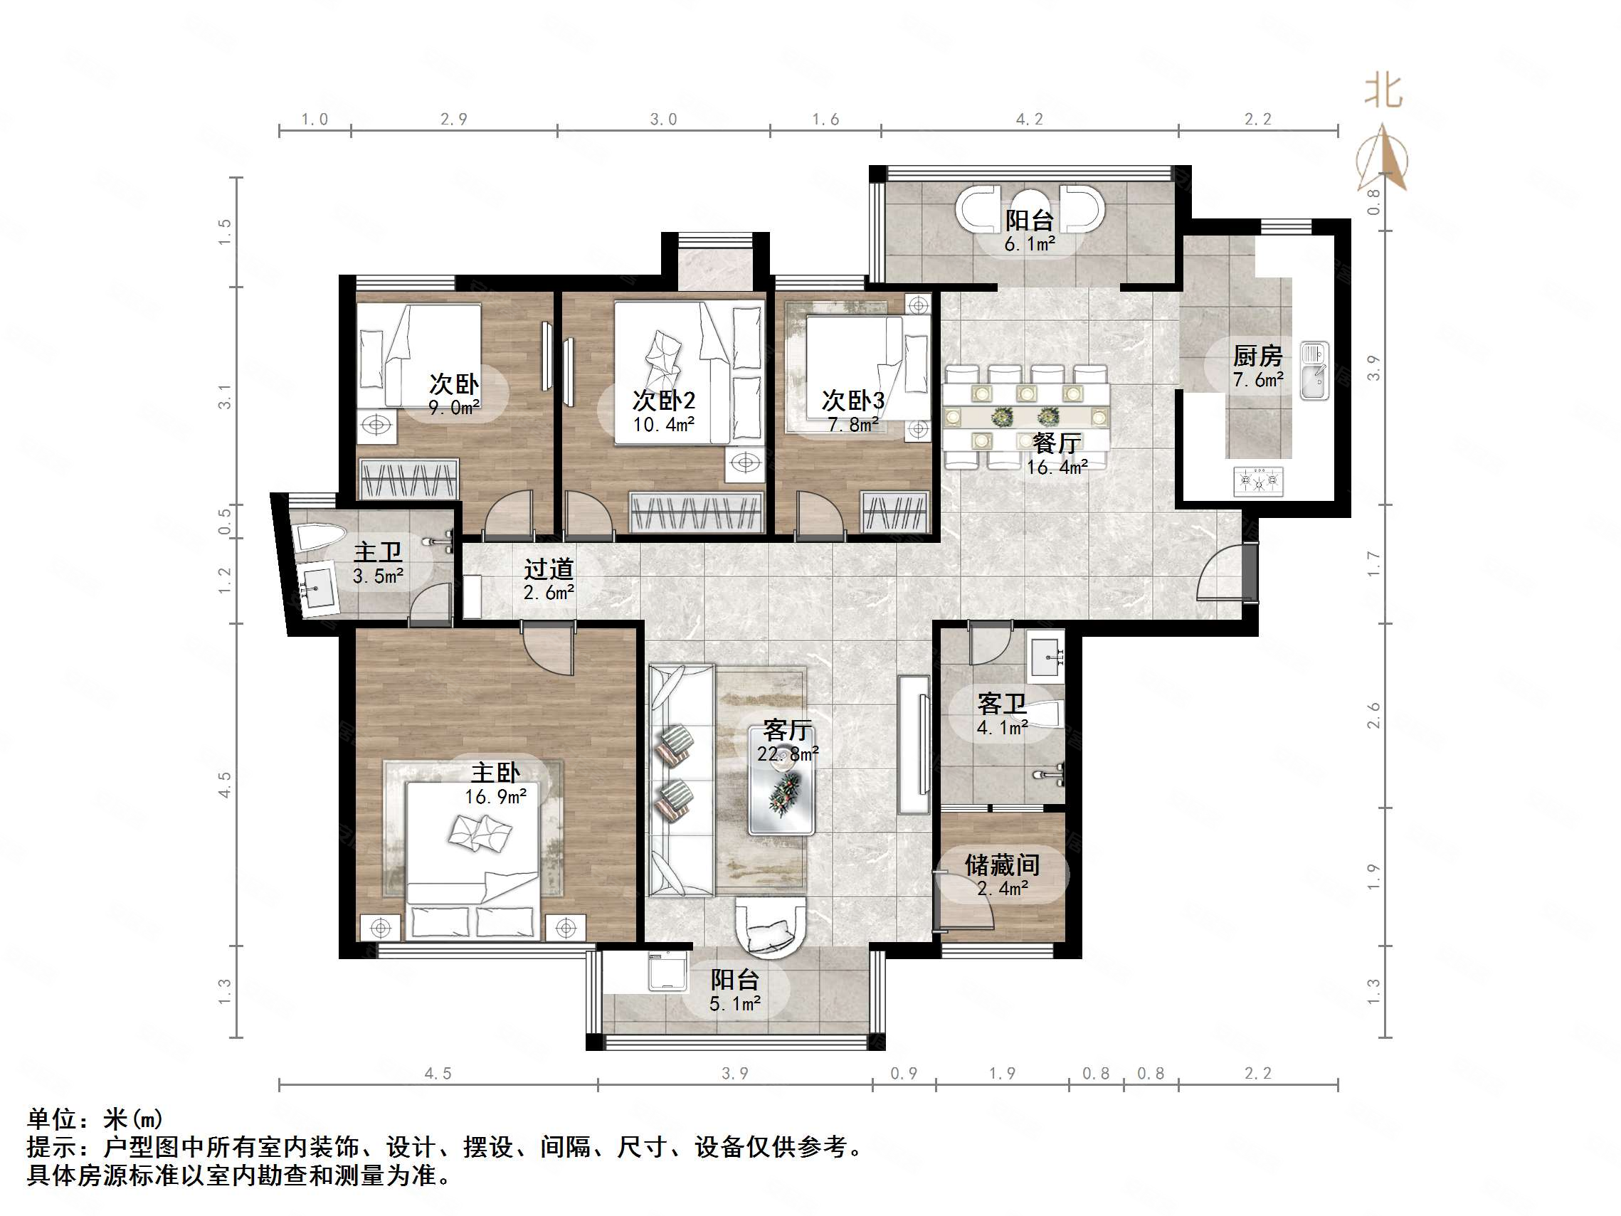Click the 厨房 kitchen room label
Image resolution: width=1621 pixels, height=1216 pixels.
point(1257,356)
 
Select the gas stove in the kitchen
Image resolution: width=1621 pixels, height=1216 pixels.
point(1257,482)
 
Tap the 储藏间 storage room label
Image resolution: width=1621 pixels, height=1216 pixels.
point(1002,865)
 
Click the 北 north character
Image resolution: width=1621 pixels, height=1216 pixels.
point(1383,92)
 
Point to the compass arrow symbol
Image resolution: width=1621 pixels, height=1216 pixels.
point(1383,157)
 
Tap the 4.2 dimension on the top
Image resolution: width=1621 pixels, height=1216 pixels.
point(1029,120)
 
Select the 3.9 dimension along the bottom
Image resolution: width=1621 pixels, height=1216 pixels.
point(734,1073)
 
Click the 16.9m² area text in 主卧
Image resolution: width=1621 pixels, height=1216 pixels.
point(495,797)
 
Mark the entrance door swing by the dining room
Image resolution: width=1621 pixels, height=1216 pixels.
point(1220,573)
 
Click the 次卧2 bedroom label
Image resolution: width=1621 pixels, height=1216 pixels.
point(663,400)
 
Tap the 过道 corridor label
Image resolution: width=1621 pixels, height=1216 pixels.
point(548,569)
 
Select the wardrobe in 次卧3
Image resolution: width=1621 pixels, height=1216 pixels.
point(894,511)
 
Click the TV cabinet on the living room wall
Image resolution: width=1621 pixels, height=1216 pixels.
point(914,744)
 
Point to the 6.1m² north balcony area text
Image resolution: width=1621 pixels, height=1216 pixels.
point(1029,244)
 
